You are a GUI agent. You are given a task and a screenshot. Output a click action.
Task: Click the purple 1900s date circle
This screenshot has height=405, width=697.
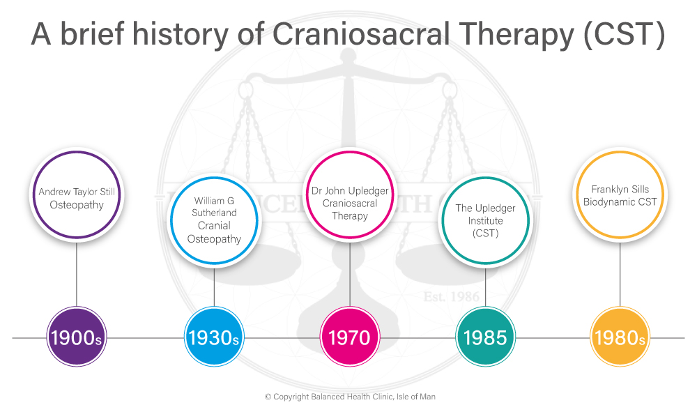pos(76,338)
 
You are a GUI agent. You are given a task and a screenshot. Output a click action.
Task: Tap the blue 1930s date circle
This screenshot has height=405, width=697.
pos(213,338)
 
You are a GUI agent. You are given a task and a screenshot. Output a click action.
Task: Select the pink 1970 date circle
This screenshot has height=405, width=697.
pos(348,338)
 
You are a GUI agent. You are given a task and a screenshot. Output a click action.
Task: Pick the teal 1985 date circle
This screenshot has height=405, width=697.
pos(485,338)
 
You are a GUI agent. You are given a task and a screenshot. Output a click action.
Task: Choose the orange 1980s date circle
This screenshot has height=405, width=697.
pos(620,338)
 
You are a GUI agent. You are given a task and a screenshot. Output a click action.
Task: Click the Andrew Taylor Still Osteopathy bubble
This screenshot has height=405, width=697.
pos(76,198)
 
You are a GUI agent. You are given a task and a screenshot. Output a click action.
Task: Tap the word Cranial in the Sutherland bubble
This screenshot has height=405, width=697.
pos(214,226)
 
